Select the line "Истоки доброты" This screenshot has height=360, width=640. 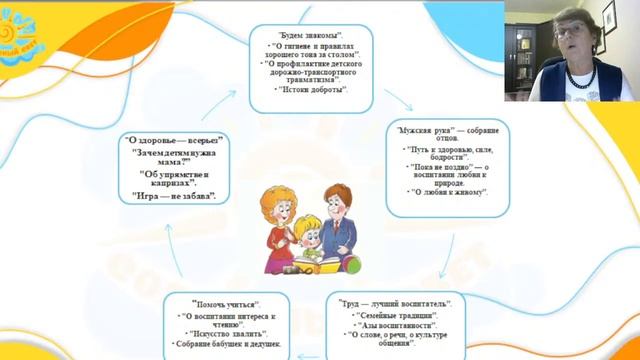click(x=313, y=90)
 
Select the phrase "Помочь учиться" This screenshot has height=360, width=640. click(x=227, y=302)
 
